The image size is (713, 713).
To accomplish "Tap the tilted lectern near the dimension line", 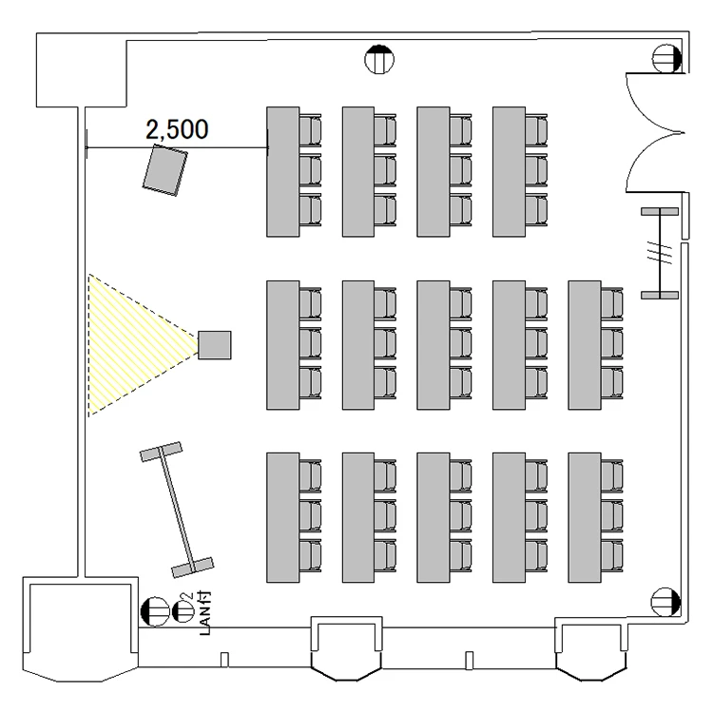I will coord(165,170).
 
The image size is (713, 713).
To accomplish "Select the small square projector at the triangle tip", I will coord(214,345).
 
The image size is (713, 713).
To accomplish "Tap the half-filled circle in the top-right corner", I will coord(665,60).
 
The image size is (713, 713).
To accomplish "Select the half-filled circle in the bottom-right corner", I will coord(663,601).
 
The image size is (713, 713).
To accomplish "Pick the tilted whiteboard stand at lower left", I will coord(177,510).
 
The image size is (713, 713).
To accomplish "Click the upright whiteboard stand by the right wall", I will coord(659,253).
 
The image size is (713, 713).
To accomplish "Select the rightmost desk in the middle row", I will coord(584,345).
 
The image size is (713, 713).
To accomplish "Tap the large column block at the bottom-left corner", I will coord(72,627).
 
